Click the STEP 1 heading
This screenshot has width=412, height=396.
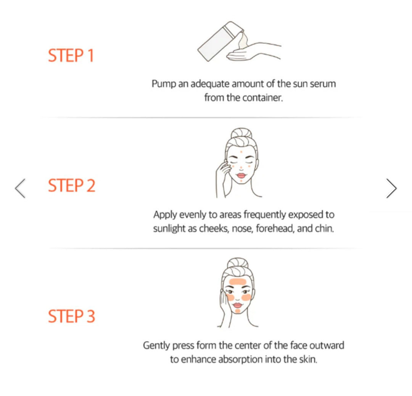point(71,56)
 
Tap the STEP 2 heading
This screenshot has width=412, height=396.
point(71,186)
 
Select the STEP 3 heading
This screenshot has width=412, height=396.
point(71,317)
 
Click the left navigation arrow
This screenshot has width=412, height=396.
point(20,188)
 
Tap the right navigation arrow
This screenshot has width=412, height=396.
point(391,188)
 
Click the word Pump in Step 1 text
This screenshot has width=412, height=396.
point(164,84)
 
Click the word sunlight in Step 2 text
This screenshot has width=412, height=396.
point(170,229)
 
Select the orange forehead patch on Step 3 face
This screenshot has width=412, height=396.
point(238,283)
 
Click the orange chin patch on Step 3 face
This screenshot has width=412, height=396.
point(238,311)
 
